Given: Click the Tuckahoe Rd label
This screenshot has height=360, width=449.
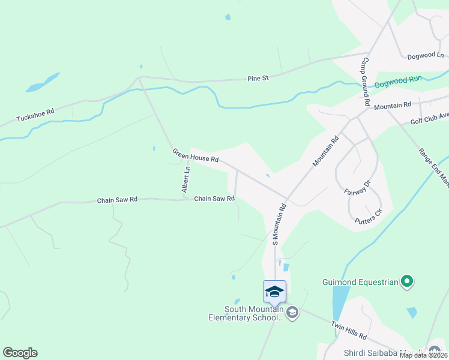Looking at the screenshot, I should click(35, 112).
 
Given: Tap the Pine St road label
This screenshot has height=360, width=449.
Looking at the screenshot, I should click(258, 78).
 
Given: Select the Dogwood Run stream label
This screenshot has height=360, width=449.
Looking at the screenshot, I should click(399, 81).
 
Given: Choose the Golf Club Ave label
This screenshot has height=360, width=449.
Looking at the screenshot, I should click(429, 118).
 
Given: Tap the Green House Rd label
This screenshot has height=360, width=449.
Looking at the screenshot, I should click(195, 157).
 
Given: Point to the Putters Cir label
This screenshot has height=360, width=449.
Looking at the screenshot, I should click(368, 215).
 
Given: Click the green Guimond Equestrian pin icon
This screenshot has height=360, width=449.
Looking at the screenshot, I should click(407, 281).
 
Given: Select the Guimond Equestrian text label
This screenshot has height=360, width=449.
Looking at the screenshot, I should click(360, 281).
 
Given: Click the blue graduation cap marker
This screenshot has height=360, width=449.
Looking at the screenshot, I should click(274, 292).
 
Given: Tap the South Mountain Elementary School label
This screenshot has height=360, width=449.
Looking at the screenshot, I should click(253, 314).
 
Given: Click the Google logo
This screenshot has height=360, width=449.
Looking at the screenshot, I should click(20, 353).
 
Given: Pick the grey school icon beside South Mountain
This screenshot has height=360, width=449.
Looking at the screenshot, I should click(292, 312).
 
